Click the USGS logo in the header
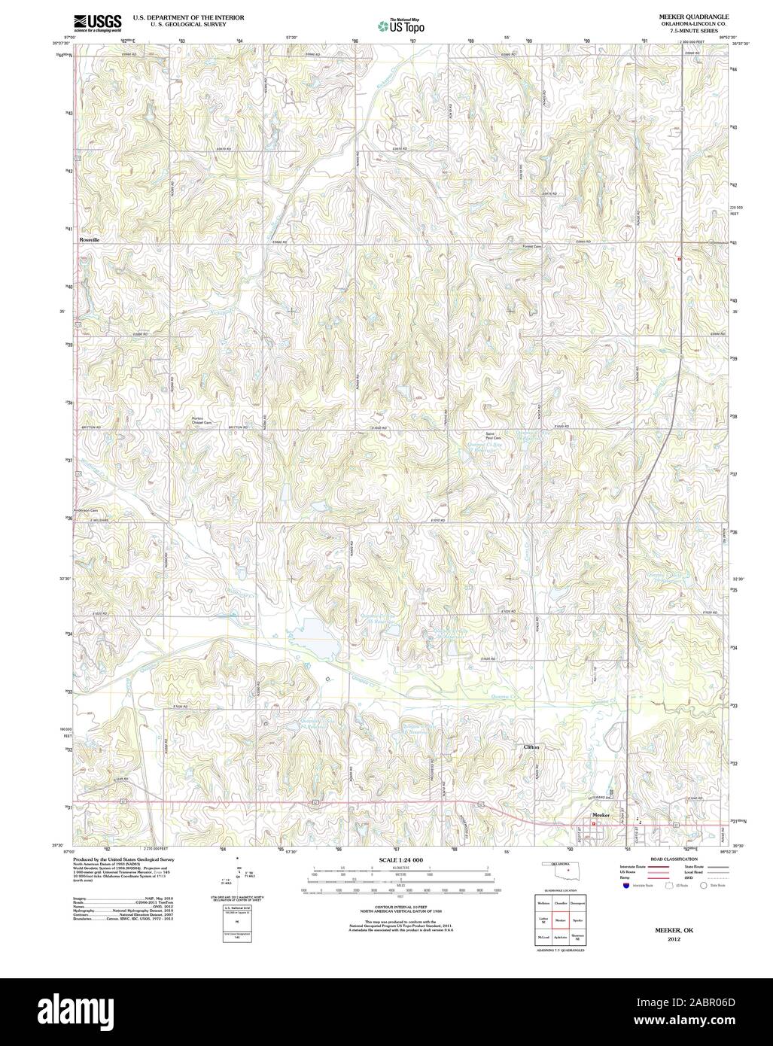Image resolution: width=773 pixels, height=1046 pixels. (x=97, y=22)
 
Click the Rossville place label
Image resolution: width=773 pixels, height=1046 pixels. (x=90, y=239)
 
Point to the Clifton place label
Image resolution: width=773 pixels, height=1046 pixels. (x=531, y=747)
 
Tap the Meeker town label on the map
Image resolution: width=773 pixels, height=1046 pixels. (x=600, y=815)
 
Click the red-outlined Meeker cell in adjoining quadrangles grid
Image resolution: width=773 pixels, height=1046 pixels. (x=560, y=920)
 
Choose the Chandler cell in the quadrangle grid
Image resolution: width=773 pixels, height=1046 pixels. (x=560, y=902)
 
